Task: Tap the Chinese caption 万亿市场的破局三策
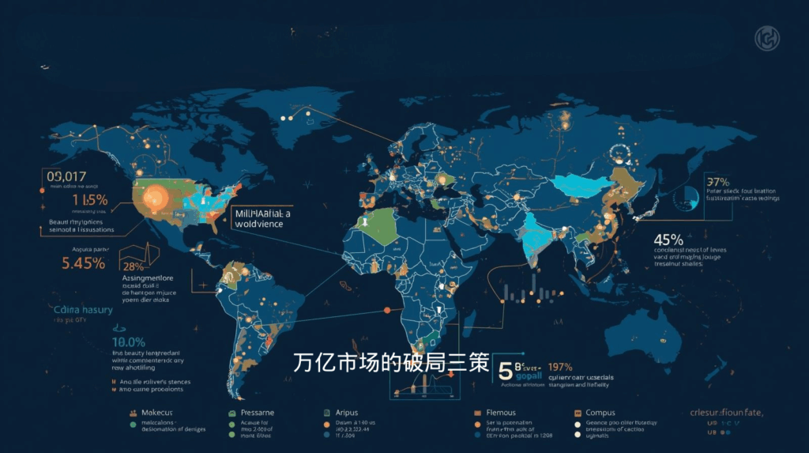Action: (x=390, y=363)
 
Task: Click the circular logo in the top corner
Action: (x=766, y=37)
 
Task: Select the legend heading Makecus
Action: (x=156, y=413)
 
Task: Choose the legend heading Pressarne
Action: (x=257, y=413)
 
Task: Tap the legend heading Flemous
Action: (x=501, y=413)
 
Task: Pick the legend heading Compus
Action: (x=600, y=413)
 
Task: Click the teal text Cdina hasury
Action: (x=84, y=310)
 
